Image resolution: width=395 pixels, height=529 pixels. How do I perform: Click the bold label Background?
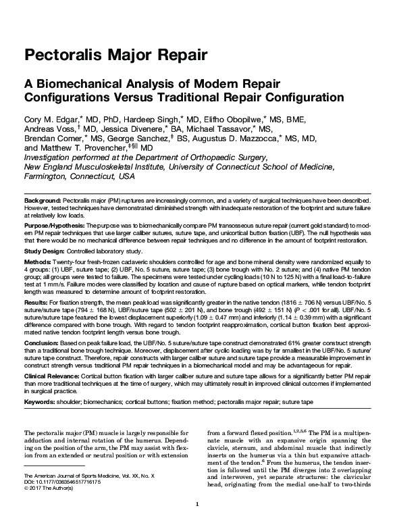click(x=43, y=202)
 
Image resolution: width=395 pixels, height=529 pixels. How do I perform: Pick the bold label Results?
click(x=37, y=303)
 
